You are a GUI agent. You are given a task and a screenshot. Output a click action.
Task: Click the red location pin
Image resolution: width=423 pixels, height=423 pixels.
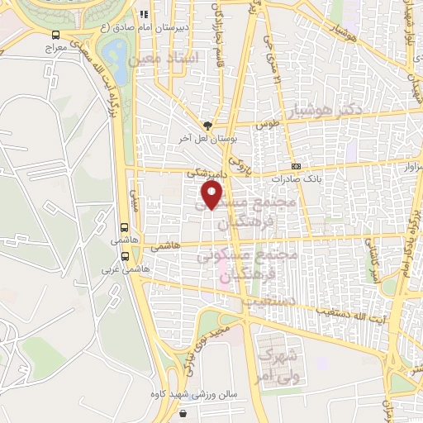212,195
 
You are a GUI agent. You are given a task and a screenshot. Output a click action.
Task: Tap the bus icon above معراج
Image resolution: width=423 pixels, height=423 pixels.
56,35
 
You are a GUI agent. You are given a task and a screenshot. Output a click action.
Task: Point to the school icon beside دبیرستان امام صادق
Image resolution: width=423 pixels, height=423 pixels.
144,14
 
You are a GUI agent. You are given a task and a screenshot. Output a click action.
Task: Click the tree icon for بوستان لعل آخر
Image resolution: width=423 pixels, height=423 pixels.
207,125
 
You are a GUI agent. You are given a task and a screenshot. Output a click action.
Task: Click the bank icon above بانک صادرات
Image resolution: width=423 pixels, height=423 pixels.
296,165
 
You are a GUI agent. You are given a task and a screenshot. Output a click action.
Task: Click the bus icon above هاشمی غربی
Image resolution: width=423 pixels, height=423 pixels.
125,228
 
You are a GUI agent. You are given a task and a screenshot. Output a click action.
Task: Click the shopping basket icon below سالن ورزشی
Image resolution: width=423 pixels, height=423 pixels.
184,411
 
